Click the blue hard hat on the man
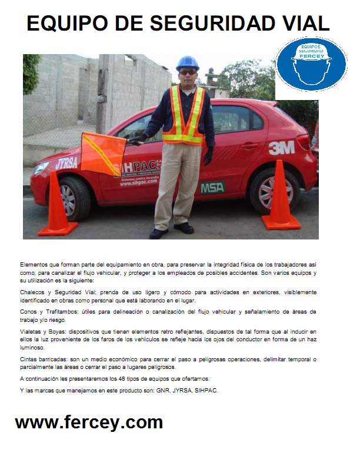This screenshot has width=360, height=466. [x=188, y=62]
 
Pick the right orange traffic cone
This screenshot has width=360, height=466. [x=281, y=197]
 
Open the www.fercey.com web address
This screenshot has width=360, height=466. [x=89, y=422]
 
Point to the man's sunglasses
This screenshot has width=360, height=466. [x=188, y=72]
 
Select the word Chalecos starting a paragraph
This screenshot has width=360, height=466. [x=35, y=292]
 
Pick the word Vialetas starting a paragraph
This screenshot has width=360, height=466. [x=33, y=331]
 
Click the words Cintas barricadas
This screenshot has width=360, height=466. [x=47, y=358]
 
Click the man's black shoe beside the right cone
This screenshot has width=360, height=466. [x=184, y=228]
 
